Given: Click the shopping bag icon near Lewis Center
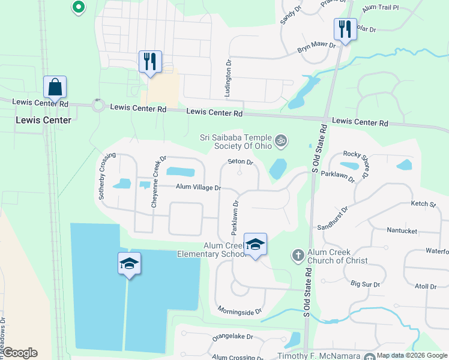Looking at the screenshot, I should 55,88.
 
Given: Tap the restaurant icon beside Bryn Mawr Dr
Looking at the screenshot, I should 345,29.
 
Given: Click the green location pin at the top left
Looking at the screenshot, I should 78,7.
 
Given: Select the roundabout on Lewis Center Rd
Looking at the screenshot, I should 98,106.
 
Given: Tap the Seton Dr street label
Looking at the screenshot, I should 240,162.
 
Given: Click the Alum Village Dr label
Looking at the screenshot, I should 198,188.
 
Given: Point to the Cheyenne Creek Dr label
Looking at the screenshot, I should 158,182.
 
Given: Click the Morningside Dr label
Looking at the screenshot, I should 240,311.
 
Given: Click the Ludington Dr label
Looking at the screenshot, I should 228,78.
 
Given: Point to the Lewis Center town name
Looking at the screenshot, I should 43,120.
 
